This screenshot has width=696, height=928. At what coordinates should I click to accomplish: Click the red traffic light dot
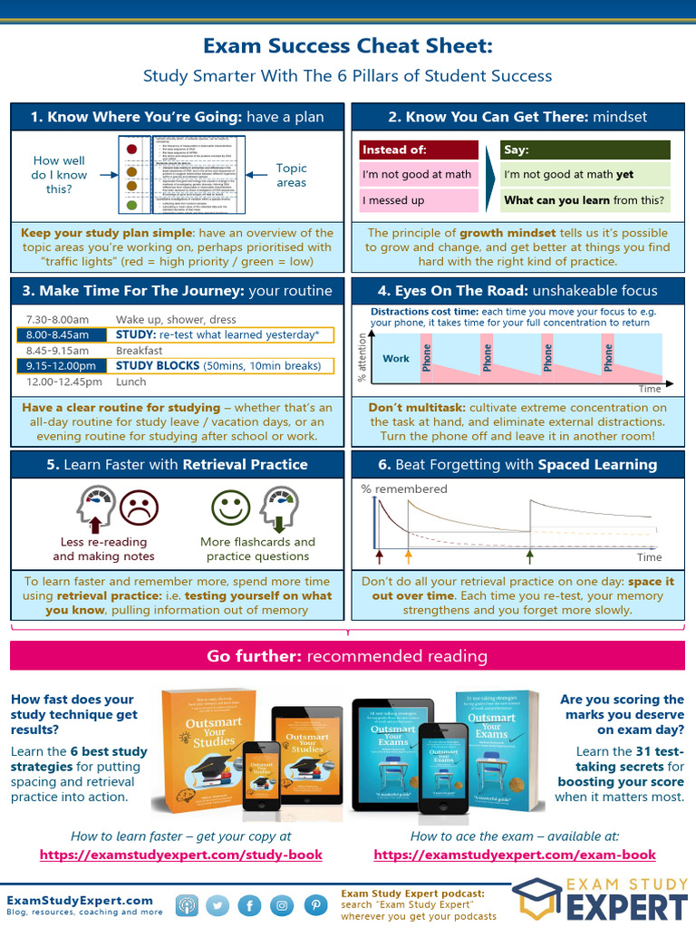point(132,149)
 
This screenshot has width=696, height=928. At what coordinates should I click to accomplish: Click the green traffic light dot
point(132,206)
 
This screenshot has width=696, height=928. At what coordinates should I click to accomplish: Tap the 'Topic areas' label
point(292,175)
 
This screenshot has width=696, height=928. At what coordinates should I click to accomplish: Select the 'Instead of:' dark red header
point(419,150)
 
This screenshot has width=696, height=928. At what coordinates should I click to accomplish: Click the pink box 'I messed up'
point(419,200)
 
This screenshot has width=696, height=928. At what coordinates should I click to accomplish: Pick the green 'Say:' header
point(585,150)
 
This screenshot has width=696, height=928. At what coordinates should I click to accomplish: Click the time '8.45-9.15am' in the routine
point(57,351)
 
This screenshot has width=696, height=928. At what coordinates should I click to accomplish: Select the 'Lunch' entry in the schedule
point(131,382)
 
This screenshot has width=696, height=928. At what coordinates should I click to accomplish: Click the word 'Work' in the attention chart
point(396,358)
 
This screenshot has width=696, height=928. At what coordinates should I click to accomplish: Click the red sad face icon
point(140,507)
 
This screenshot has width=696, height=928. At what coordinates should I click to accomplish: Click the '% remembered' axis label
point(404,489)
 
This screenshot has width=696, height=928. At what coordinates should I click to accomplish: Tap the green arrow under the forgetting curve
point(530,556)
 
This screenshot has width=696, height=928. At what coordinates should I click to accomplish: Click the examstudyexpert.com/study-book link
point(180,855)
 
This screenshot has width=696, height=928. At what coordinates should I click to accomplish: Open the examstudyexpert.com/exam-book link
point(515,855)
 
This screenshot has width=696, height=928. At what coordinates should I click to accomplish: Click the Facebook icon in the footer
point(250,904)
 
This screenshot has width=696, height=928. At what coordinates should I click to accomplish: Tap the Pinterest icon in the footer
point(315,904)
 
